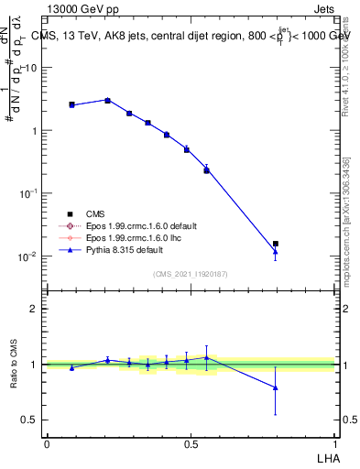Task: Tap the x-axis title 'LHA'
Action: click(x=325, y=457)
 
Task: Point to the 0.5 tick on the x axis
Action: click(x=191, y=443)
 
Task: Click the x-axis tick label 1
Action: click(x=334, y=443)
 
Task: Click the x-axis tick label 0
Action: click(x=47, y=443)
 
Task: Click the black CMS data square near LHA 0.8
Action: click(x=276, y=244)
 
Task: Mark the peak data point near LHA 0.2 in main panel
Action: click(x=107, y=100)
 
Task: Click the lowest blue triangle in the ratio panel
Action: click(x=276, y=387)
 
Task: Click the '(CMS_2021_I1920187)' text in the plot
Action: click(x=191, y=274)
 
